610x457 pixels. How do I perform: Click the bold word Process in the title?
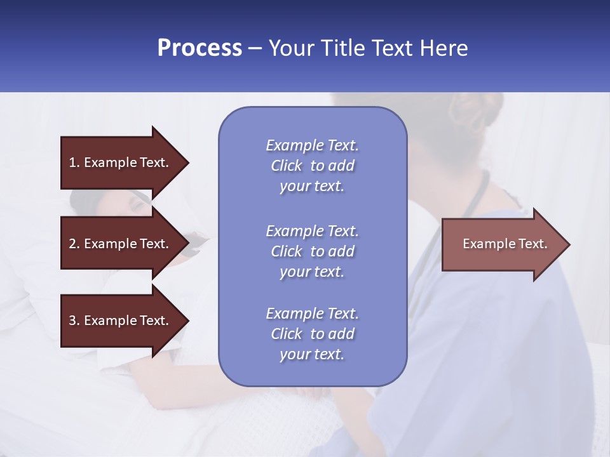tap(200, 48)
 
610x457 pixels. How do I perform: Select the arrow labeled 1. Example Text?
tap(121, 162)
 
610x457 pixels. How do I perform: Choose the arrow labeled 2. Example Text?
tap(121, 244)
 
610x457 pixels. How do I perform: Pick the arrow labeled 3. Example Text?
tap(121, 321)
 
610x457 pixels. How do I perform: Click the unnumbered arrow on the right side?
tap(502, 244)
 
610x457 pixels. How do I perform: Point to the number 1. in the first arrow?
tap(74, 162)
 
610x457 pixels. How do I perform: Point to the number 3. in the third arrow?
tap(74, 321)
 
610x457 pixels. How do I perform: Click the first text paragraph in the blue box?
tap(312, 166)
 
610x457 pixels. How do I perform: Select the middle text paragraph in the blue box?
tap(312, 251)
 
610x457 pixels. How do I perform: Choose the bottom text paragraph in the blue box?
tap(312, 333)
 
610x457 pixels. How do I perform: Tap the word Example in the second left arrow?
tap(111, 244)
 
